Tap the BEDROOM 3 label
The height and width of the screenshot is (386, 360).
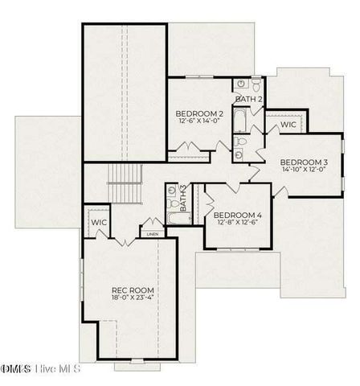click(x=304, y=162)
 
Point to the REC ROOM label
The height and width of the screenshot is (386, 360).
click(x=133, y=290)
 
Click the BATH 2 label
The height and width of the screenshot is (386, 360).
click(x=249, y=99)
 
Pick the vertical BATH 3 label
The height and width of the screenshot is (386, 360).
click(x=183, y=199)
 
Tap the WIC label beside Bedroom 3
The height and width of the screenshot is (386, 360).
click(x=288, y=125)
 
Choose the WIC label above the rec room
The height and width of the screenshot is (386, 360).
click(x=100, y=222)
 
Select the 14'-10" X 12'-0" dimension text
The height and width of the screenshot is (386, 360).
click(x=304, y=170)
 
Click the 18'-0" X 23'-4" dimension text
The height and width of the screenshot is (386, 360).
click(x=133, y=298)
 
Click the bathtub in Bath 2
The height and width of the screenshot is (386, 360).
click(x=239, y=122)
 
